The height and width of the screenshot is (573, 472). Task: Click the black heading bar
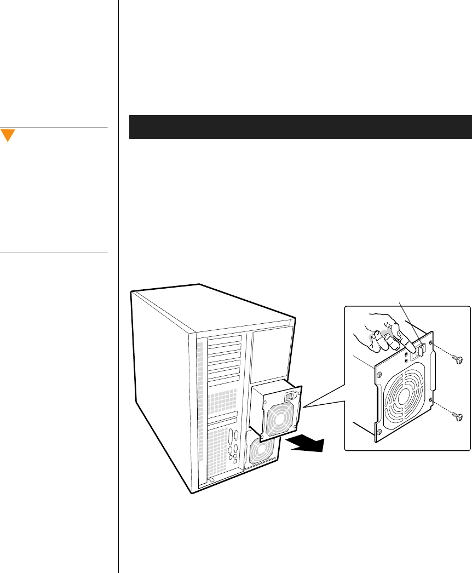(x=300, y=127)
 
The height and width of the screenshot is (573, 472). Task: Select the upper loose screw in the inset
(x=459, y=359)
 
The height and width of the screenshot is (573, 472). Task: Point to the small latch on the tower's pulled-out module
(x=292, y=394)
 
